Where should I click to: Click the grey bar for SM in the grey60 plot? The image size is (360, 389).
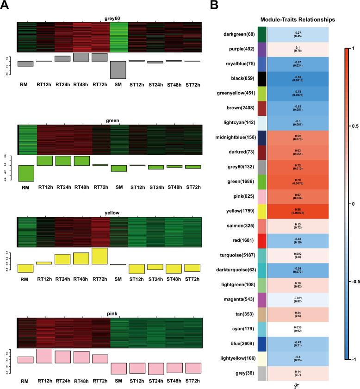(x=118, y=69)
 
